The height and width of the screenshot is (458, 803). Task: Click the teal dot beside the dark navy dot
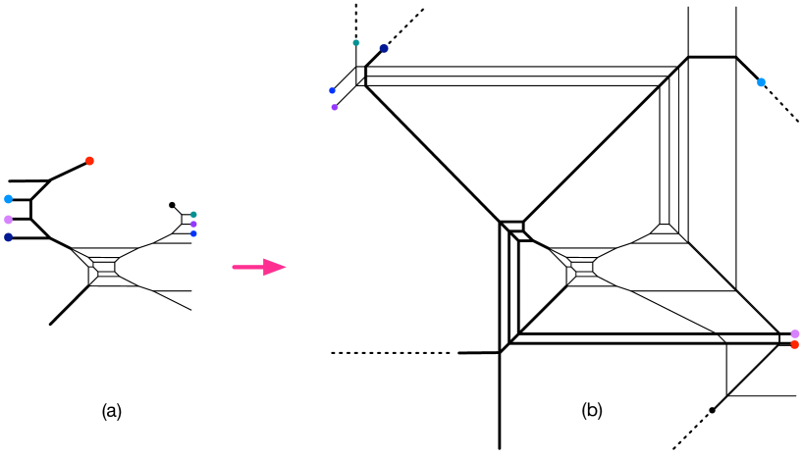pyautogui.click(x=356, y=43)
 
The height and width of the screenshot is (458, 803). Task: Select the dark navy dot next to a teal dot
pyautogui.click(x=384, y=48)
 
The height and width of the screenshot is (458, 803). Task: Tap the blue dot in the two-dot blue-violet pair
pyautogui.click(x=332, y=90)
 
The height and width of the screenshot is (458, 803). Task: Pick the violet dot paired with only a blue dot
pyautogui.click(x=335, y=107)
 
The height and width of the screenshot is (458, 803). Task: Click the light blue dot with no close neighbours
pyautogui.click(x=761, y=82)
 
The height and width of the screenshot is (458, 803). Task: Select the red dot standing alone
pyautogui.click(x=89, y=161)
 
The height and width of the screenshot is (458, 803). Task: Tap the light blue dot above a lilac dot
pyautogui.click(x=8, y=199)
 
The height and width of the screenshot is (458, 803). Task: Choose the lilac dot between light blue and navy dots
pyautogui.click(x=8, y=220)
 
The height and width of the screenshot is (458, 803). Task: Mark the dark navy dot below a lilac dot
pyautogui.click(x=8, y=237)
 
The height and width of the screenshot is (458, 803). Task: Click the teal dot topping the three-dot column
pyautogui.click(x=193, y=214)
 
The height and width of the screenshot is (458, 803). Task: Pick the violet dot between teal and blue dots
pyautogui.click(x=193, y=224)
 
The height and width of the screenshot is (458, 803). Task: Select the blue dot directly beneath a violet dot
pyautogui.click(x=193, y=233)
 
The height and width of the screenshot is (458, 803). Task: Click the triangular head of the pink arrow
pyautogui.click(x=274, y=267)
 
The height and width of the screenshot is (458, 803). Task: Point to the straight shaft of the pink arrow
pyautogui.click(x=247, y=267)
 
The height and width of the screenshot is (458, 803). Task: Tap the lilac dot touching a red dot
pyautogui.click(x=794, y=333)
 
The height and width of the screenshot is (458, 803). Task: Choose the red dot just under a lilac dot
pyautogui.click(x=794, y=344)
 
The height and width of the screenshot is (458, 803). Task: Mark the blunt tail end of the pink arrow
pyautogui.click(x=234, y=267)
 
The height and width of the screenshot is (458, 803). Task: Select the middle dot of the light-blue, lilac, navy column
pyautogui.click(x=8, y=220)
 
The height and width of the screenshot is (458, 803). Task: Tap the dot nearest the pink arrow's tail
pyautogui.click(x=193, y=233)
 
